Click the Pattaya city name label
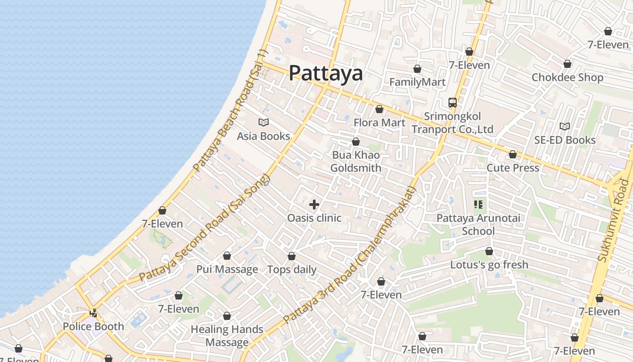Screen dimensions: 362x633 click(x=326, y=73)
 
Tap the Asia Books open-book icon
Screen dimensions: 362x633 click(x=264, y=122)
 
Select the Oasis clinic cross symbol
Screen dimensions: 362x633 click(x=314, y=205)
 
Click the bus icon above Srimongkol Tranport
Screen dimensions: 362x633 click(x=453, y=102)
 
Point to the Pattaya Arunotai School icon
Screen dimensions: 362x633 click(x=478, y=205)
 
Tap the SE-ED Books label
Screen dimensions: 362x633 click(x=565, y=140)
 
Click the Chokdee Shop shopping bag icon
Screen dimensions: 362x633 click(x=567, y=64)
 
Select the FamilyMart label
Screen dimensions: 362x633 click(x=417, y=82)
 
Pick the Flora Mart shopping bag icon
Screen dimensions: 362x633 click(x=379, y=109)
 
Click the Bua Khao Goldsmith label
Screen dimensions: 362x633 click(x=356, y=162)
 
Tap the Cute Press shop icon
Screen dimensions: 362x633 click(x=513, y=155)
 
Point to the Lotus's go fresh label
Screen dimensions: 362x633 click(x=489, y=265)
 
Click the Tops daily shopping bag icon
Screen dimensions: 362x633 click(x=292, y=256)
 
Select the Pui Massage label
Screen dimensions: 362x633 click(x=227, y=270)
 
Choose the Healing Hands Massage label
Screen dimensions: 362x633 click(x=227, y=336)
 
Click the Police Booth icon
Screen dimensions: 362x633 click(x=93, y=313)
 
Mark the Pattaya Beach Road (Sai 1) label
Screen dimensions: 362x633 click(x=231, y=111)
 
